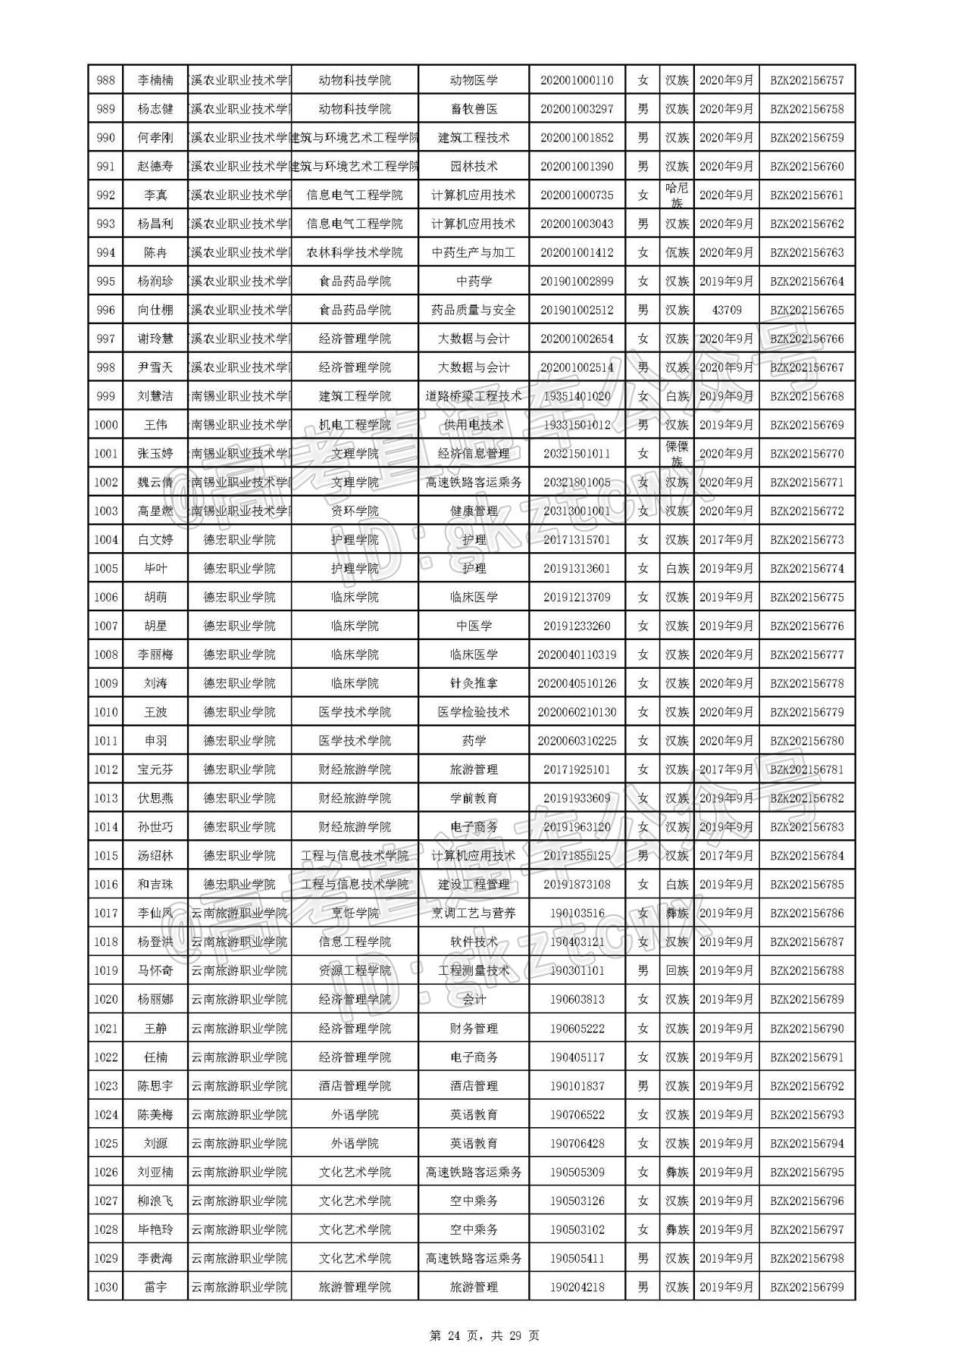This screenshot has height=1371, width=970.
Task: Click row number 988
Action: pyautogui.click(x=106, y=80)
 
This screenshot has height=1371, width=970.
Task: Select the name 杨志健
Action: pyautogui.click(x=155, y=109)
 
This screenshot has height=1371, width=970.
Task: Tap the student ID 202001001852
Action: pyautogui.click(x=577, y=138)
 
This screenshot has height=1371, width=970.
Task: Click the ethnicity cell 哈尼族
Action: pyautogui.click(x=677, y=195)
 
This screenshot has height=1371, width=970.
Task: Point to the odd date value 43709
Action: pyautogui.click(x=727, y=310)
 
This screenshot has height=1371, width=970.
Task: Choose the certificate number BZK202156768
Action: pyautogui.click(x=806, y=396)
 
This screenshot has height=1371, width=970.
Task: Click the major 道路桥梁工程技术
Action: pyautogui.click(x=474, y=396)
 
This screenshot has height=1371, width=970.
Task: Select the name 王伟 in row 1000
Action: pyautogui.click(x=155, y=425)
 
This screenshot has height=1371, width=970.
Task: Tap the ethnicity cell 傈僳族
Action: pyautogui.click(x=677, y=454)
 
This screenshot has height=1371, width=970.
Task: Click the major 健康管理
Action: pyautogui.click(x=474, y=511)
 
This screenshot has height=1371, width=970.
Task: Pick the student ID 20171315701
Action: pyautogui.click(x=577, y=540)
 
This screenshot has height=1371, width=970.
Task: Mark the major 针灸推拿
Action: pyautogui.click(x=474, y=683)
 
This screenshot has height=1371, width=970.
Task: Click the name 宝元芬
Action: pyautogui.click(x=155, y=770)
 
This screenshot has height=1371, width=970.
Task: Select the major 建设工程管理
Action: pyautogui.click(x=474, y=885)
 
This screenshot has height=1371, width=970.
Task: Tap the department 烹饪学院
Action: pyautogui.click(x=355, y=913)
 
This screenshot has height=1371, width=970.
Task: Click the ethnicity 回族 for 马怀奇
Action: pyautogui.click(x=677, y=971)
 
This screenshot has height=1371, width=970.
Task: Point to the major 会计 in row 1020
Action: pyautogui.click(x=474, y=1000)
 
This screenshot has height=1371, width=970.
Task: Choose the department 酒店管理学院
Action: pyautogui.click(x=355, y=1086)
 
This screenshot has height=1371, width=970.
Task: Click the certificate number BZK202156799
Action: pyautogui.click(x=806, y=1287)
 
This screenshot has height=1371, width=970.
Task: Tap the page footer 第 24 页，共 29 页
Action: pyautogui.click(x=484, y=1335)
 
